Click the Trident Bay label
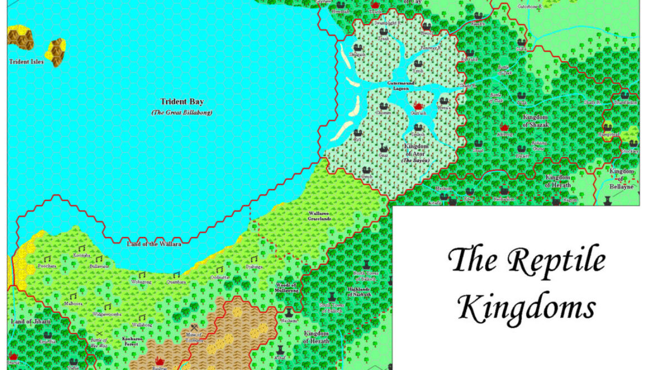182,102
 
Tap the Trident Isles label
26,62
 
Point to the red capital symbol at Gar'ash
418,106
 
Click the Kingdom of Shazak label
536,121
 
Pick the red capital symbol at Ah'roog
505,127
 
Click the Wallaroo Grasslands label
320,216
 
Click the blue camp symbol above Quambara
176,274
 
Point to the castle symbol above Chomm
383,106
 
